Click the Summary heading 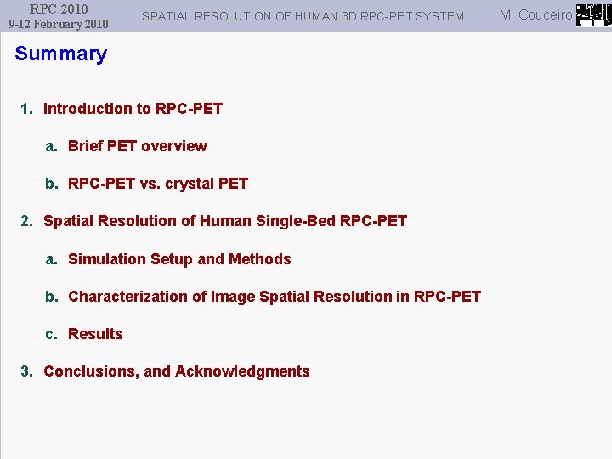[x=61, y=54]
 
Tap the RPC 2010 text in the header [x=59, y=9]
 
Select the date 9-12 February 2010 [x=59, y=24]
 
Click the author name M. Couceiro [x=535, y=14]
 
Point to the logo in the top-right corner [x=593, y=14]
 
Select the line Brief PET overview [x=137, y=146]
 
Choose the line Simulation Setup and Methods [x=179, y=259]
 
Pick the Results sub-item [x=95, y=334]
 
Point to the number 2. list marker [x=26, y=221]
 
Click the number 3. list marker [x=26, y=371]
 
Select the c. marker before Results [x=51, y=334]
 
